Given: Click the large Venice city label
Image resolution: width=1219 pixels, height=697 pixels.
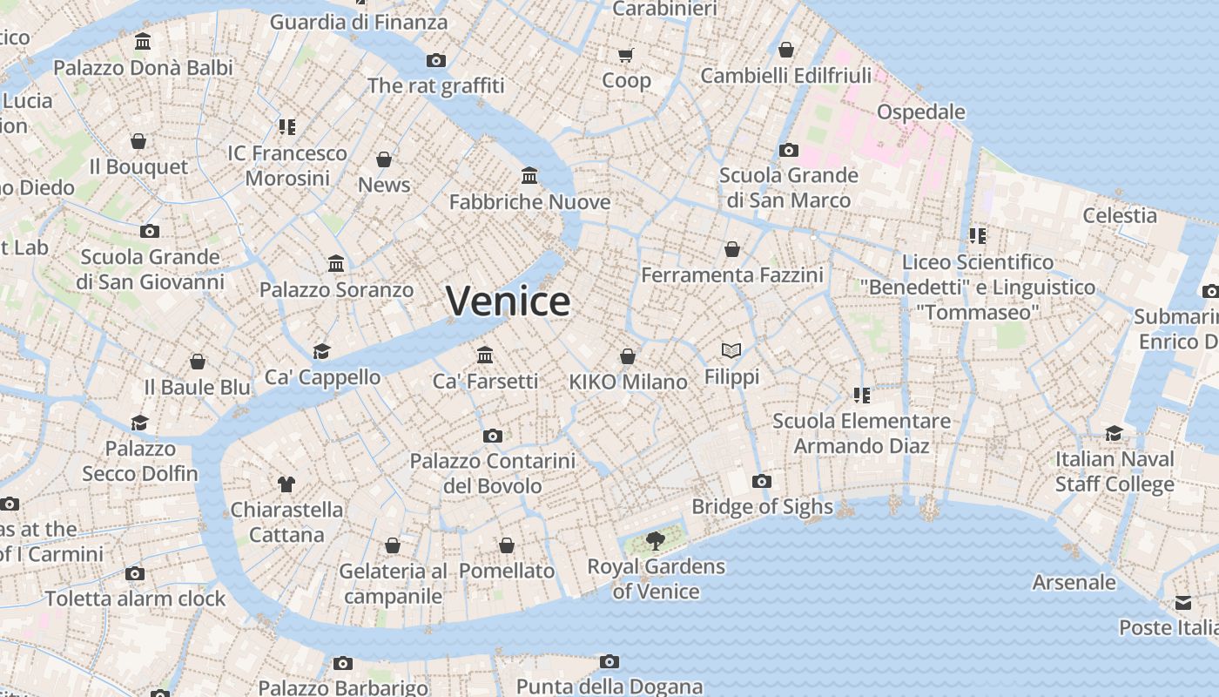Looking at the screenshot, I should coord(508,301).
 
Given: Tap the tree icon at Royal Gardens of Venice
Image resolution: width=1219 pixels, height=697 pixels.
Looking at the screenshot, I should coord(656,542).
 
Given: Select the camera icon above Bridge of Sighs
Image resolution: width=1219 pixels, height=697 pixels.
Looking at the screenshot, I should coord(762,481).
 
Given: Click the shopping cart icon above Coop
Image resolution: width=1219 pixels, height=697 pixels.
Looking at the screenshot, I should coord(625,56).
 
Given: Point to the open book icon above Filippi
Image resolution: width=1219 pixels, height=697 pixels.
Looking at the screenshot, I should coord(731,350).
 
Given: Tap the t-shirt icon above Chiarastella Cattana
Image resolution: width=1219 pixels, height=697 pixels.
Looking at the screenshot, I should coord(286,484).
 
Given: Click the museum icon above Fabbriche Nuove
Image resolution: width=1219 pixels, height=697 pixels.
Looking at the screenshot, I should coord(529,176).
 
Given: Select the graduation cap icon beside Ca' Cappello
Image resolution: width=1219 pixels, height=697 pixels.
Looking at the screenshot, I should coord(322,351).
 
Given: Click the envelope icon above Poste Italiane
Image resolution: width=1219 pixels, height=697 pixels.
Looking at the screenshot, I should coord(1183,603).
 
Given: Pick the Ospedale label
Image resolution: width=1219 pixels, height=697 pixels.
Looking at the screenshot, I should coord(920,112).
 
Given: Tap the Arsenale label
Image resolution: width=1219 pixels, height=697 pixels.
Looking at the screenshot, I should coord(1074,582).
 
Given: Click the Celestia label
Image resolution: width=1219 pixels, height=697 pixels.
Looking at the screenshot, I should coord(1120,215).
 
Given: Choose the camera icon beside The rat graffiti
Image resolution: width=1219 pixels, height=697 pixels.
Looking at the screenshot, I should coord(436,60).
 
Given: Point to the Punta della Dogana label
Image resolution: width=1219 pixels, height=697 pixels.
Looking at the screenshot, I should coord(609,687).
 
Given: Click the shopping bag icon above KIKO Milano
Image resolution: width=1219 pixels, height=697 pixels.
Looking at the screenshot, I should coord(628,356).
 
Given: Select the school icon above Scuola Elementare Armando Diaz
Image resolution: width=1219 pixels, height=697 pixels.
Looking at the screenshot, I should coord(862,396).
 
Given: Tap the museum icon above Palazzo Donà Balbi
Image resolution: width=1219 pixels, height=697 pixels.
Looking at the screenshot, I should coord(143,42).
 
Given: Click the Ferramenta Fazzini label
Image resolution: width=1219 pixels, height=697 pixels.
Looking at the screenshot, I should coord(732,275).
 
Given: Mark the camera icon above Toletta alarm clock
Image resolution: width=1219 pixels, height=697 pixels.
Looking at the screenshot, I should coord(135,573).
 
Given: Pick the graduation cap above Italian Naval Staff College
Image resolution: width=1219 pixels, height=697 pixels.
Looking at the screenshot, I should coord(1115,434).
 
